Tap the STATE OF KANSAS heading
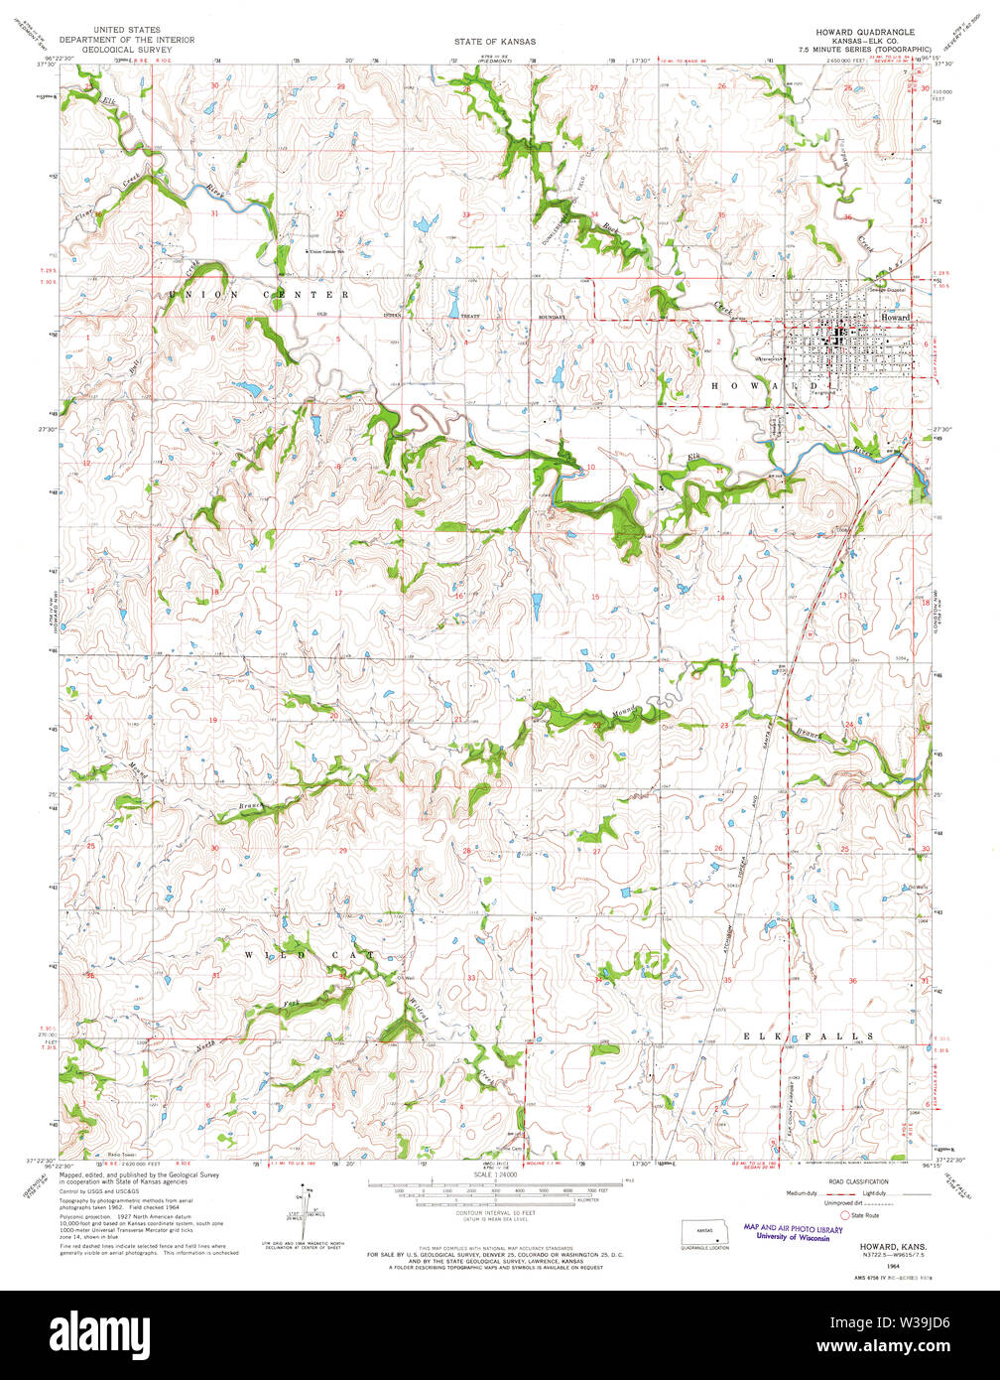495,42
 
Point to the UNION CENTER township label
259,295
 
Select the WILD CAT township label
310,954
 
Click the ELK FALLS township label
809,1035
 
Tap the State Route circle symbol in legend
845,1214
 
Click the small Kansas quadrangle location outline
704,1232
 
